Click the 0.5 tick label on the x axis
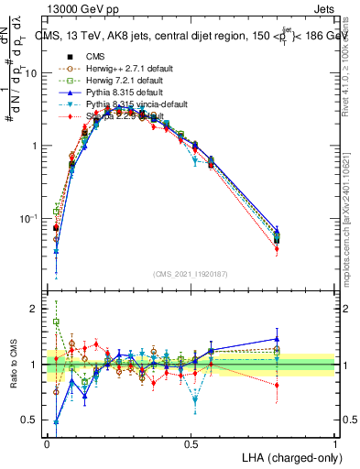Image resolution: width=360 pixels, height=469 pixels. [x=191, y=443]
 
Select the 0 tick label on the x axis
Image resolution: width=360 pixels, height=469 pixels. [x=47, y=443]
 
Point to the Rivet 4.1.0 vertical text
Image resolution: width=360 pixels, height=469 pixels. [x=352, y=55]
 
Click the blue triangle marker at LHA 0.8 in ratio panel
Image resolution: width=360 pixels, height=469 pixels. [x=277, y=339]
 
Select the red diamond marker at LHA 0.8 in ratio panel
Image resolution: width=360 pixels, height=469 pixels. [x=277, y=385]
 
